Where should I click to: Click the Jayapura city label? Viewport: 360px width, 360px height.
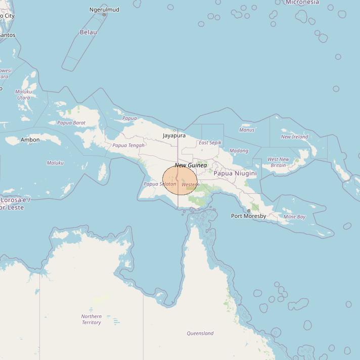tap(174, 136)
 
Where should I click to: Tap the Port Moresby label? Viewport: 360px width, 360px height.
tap(248, 216)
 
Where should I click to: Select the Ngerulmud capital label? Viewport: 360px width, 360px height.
tap(104, 10)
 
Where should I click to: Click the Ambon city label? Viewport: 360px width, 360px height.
tap(30, 140)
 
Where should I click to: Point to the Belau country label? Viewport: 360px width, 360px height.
tap(88, 32)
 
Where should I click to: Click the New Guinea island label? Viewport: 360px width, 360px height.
tap(191, 165)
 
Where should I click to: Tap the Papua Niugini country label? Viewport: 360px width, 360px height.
tap(235, 173)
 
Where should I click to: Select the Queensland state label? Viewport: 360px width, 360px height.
tap(200, 333)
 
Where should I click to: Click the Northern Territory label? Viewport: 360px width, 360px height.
tap(91, 320)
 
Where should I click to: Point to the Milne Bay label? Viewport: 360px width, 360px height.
tap(294, 217)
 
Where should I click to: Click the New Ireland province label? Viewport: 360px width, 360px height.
tap(294, 137)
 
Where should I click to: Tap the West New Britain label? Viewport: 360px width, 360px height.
tap(278, 162)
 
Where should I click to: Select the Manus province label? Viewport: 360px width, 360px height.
tap(247, 130)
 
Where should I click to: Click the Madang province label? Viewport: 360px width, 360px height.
tap(239, 151)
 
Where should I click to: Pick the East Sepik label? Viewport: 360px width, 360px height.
tap(210, 143)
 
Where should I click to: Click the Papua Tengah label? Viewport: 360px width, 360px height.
tap(128, 146)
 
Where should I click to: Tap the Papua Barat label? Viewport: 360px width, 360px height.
tap(71, 123)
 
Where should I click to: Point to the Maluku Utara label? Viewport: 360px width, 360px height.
tap(24, 95)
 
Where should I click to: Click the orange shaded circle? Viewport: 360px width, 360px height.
tap(180, 180)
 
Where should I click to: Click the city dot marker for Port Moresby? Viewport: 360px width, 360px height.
tap(248, 211)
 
